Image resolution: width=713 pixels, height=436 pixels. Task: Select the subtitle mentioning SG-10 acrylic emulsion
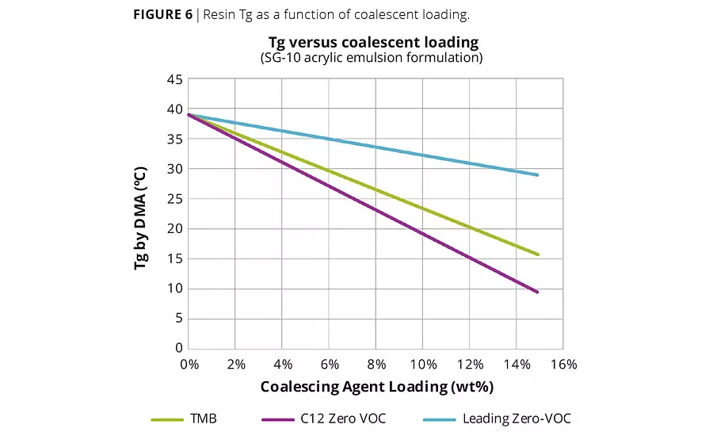[x=372, y=58]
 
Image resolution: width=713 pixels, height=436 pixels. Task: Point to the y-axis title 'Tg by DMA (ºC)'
[x=140, y=218]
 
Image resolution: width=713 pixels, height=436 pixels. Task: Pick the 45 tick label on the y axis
[x=174, y=79]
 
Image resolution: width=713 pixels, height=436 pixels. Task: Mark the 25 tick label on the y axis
[x=174, y=199]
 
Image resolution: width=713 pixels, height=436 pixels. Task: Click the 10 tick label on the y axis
[x=174, y=289]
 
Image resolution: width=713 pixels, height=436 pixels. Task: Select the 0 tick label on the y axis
[x=178, y=348]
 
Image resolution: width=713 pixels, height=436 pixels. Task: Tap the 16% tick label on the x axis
[x=563, y=365]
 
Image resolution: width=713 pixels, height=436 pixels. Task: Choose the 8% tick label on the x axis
[x=376, y=365]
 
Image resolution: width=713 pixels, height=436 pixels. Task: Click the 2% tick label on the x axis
[x=235, y=365]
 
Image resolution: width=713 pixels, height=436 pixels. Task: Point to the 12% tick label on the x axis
[x=469, y=365]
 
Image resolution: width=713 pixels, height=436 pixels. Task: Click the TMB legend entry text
[x=204, y=418]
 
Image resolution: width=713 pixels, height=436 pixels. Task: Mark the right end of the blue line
[x=539, y=175]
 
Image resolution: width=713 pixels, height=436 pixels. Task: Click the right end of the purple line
[x=539, y=293]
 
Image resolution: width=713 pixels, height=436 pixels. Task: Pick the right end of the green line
[x=539, y=254]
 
